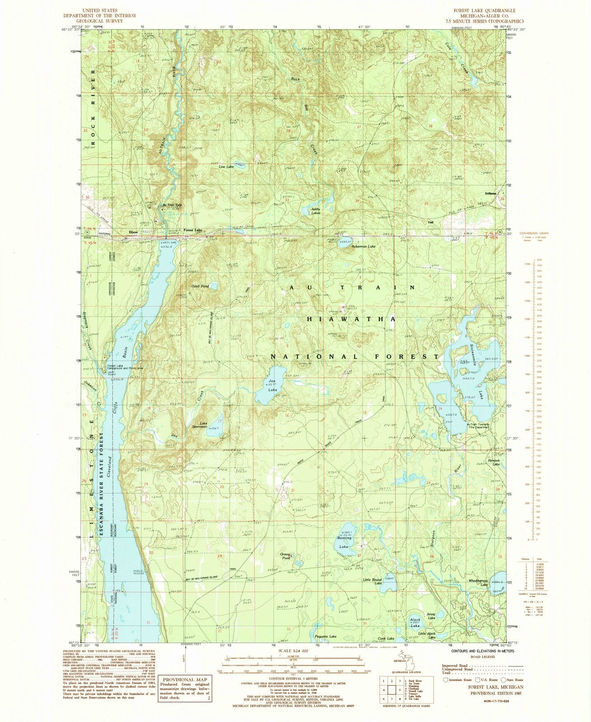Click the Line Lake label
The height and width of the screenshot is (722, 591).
[x=226, y=167]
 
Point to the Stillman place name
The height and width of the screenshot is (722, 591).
[x=491, y=193]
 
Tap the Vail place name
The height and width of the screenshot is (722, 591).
[x=437, y=222]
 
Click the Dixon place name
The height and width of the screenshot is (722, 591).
[x=133, y=232]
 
